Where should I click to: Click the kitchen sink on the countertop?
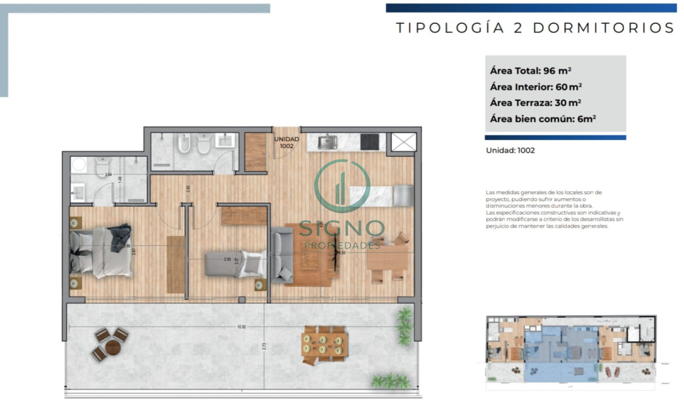tap(327, 142)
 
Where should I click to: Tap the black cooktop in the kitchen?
tap(369, 141)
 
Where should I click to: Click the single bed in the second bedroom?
tap(234, 263)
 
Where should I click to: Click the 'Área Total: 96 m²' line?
tap(530, 71)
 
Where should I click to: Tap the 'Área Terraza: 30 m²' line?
tap(535, 103)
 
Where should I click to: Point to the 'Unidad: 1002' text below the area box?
tap(510, 151)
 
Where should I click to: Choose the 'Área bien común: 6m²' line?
tap(543, 120)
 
